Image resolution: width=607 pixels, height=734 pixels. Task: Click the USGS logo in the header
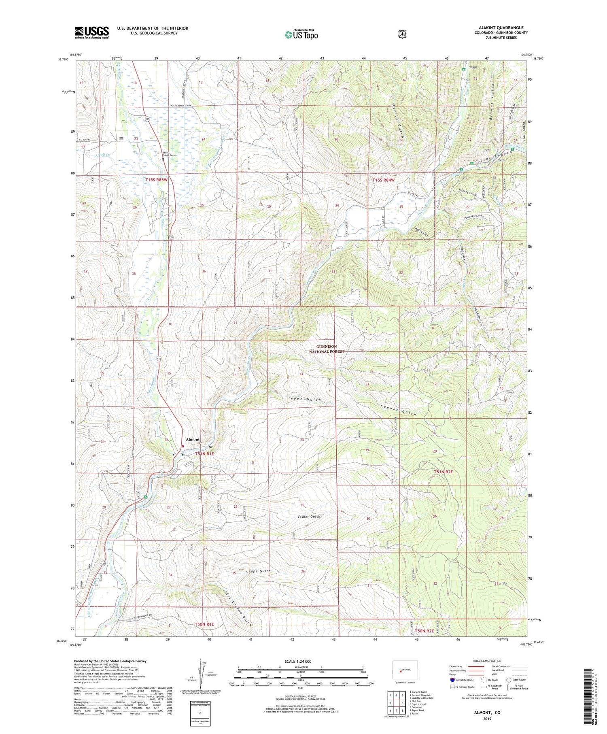click(91, 32)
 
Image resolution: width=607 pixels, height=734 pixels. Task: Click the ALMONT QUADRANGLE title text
click(501, 28)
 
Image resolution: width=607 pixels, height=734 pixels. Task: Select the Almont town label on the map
click(193, 439)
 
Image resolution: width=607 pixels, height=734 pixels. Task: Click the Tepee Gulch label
click(304, 400)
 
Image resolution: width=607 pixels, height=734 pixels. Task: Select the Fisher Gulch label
click(309, 517)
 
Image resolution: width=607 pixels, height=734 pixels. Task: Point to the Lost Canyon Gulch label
click(238, 608)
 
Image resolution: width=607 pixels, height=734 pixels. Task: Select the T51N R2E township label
click(443, 472)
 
